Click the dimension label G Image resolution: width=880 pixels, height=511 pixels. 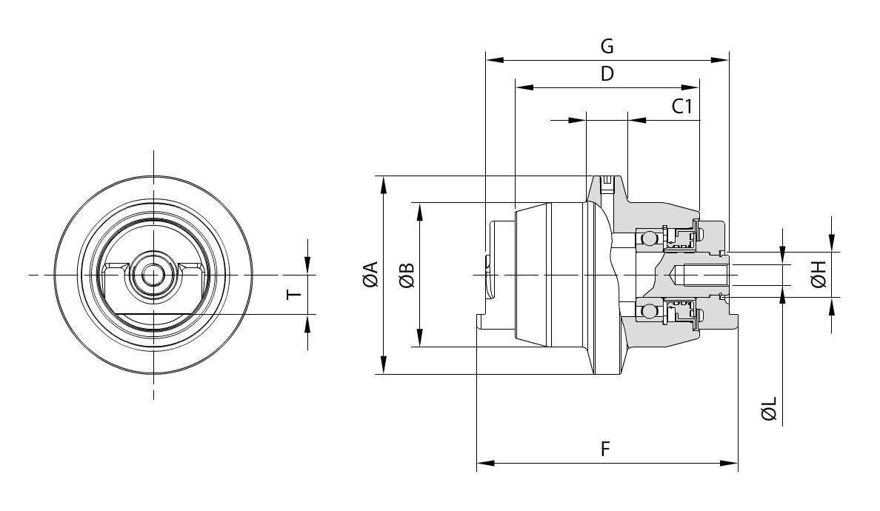pos(607,46)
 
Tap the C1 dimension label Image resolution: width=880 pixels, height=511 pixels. pos(682,107)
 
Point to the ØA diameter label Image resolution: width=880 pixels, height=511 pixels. pos(370,275)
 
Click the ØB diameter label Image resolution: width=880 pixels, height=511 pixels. pos(406,275)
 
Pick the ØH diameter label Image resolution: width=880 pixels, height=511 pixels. pos(819,275)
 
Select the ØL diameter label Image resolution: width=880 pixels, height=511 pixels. pos(770,409)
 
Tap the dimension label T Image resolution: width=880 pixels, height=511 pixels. pos(295,294)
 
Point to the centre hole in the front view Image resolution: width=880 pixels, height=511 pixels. pos(153,275)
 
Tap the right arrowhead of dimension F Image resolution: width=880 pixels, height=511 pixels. pos(730,464)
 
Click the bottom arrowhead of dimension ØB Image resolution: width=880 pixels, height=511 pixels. pos(419,340)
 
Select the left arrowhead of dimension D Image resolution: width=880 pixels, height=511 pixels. pos(523,87)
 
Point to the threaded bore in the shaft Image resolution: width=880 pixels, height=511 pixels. pos(704,275)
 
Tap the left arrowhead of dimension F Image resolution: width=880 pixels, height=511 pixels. pos(484,464)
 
